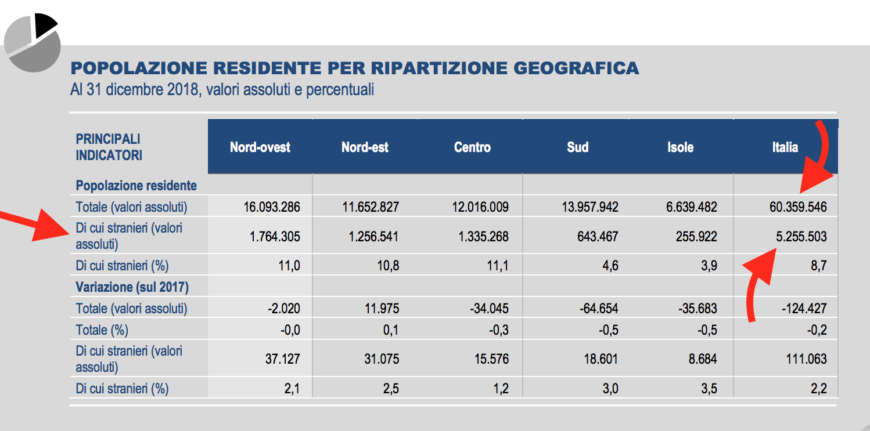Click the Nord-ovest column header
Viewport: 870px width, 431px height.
coord(260,147)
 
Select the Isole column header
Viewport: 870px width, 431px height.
coord(680,147)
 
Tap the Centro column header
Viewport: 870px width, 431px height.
coord(472,147)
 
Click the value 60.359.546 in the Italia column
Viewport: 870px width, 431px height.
coord(797,207)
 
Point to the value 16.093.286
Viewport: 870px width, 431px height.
coord(272,207)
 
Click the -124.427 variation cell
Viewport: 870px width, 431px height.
coord(804,309)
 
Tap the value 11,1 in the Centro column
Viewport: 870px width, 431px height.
coord(498,266)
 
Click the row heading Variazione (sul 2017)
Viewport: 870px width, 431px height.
coord(132,287)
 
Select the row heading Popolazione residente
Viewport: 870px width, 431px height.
coord(136,186)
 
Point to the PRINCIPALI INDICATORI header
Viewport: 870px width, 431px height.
coord(109,147)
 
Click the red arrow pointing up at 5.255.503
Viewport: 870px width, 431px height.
coord(758,278)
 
